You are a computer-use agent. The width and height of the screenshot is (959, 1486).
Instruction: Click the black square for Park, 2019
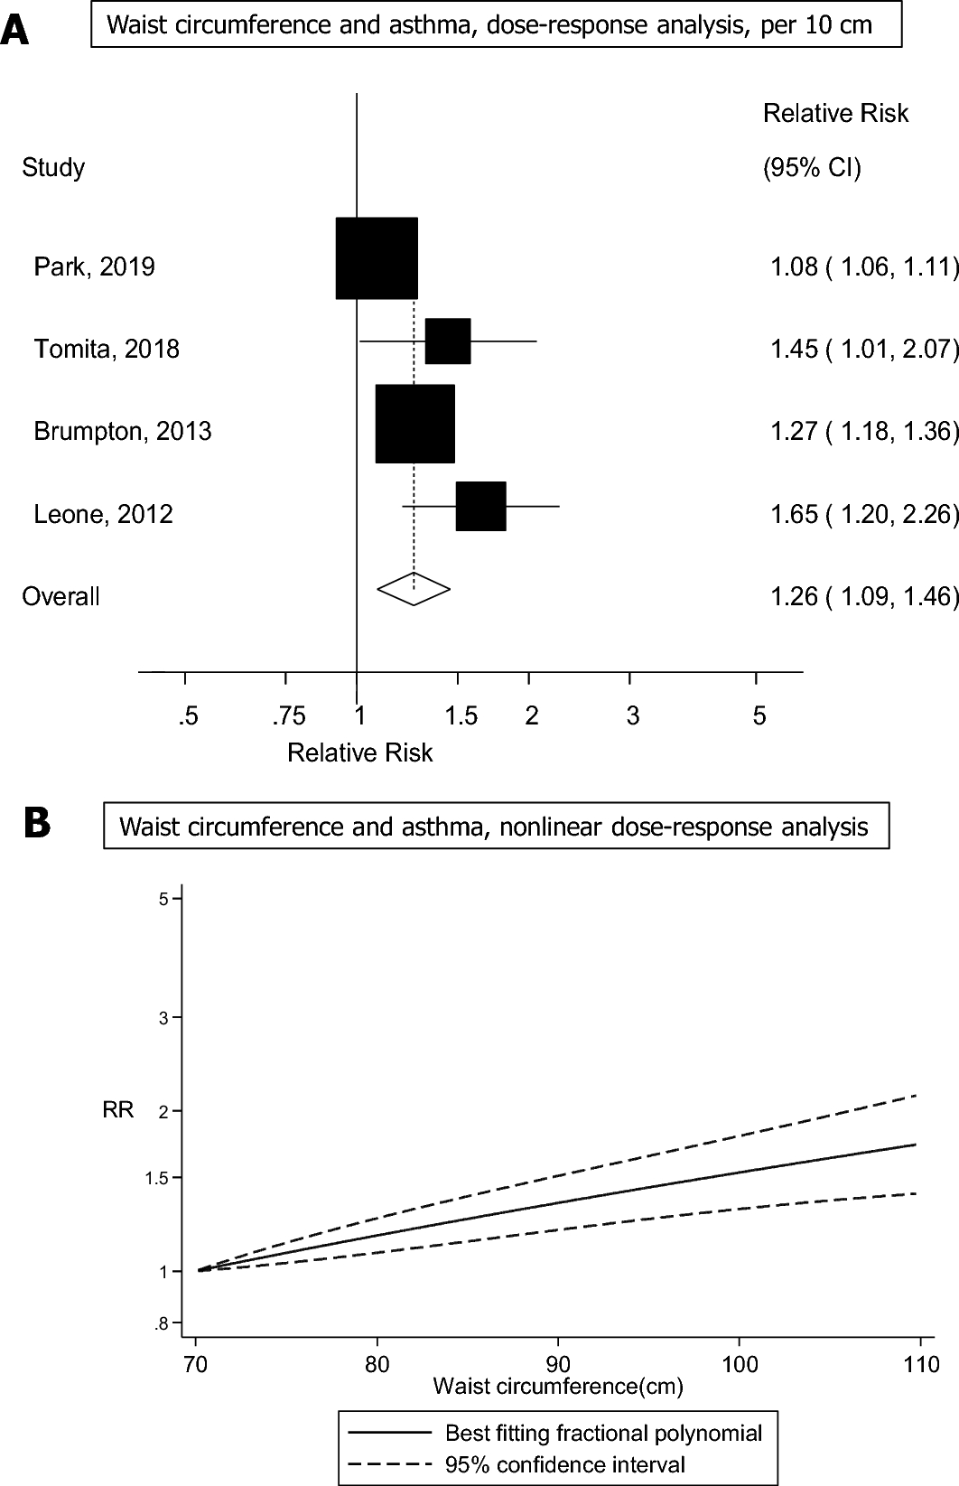pos(377,258)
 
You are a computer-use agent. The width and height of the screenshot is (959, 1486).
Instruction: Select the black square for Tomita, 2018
pos(448,341)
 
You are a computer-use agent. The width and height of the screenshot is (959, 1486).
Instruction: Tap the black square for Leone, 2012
pos(480,506)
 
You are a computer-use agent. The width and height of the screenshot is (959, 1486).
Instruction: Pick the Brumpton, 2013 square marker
pos(414,424)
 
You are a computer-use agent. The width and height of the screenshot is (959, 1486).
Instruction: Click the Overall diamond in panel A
pos(414,589)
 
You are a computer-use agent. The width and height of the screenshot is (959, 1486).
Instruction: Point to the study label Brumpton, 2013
pos(123,432)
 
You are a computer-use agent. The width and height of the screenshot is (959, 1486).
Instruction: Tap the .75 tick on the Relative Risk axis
pos(289,717)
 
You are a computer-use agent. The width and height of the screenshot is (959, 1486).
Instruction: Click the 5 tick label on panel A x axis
pos(759,717)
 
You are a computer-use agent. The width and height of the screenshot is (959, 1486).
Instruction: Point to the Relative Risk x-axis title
pos(359,753)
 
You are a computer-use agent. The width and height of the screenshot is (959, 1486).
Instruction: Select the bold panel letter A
pos(15,30)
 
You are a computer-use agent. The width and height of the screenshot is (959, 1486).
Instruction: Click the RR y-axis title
pos(118,1110)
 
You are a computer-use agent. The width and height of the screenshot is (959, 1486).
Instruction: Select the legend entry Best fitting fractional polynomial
pos(603,1434)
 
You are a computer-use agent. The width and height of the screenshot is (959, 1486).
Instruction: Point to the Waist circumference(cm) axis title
pos(558,1386)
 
